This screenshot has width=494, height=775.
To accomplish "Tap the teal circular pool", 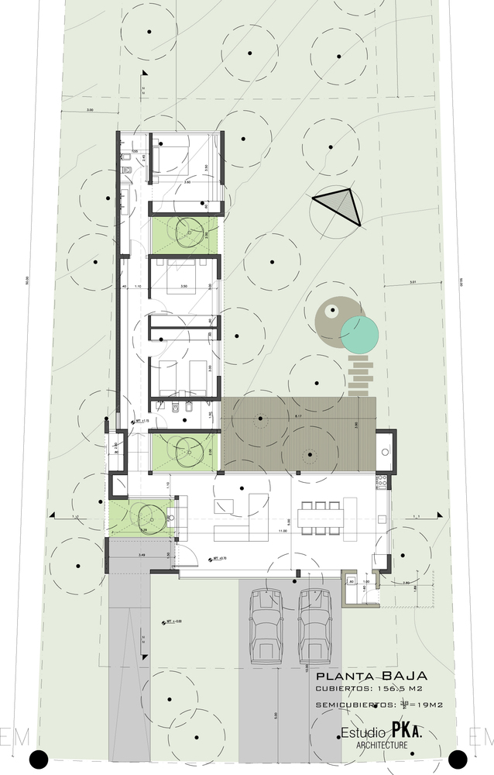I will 360,332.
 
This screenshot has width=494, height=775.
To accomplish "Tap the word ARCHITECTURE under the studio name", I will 382,746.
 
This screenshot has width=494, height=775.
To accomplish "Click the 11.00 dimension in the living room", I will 284,532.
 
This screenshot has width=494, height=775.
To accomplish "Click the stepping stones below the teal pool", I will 361,374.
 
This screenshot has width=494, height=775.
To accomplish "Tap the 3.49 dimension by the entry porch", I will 142,555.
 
